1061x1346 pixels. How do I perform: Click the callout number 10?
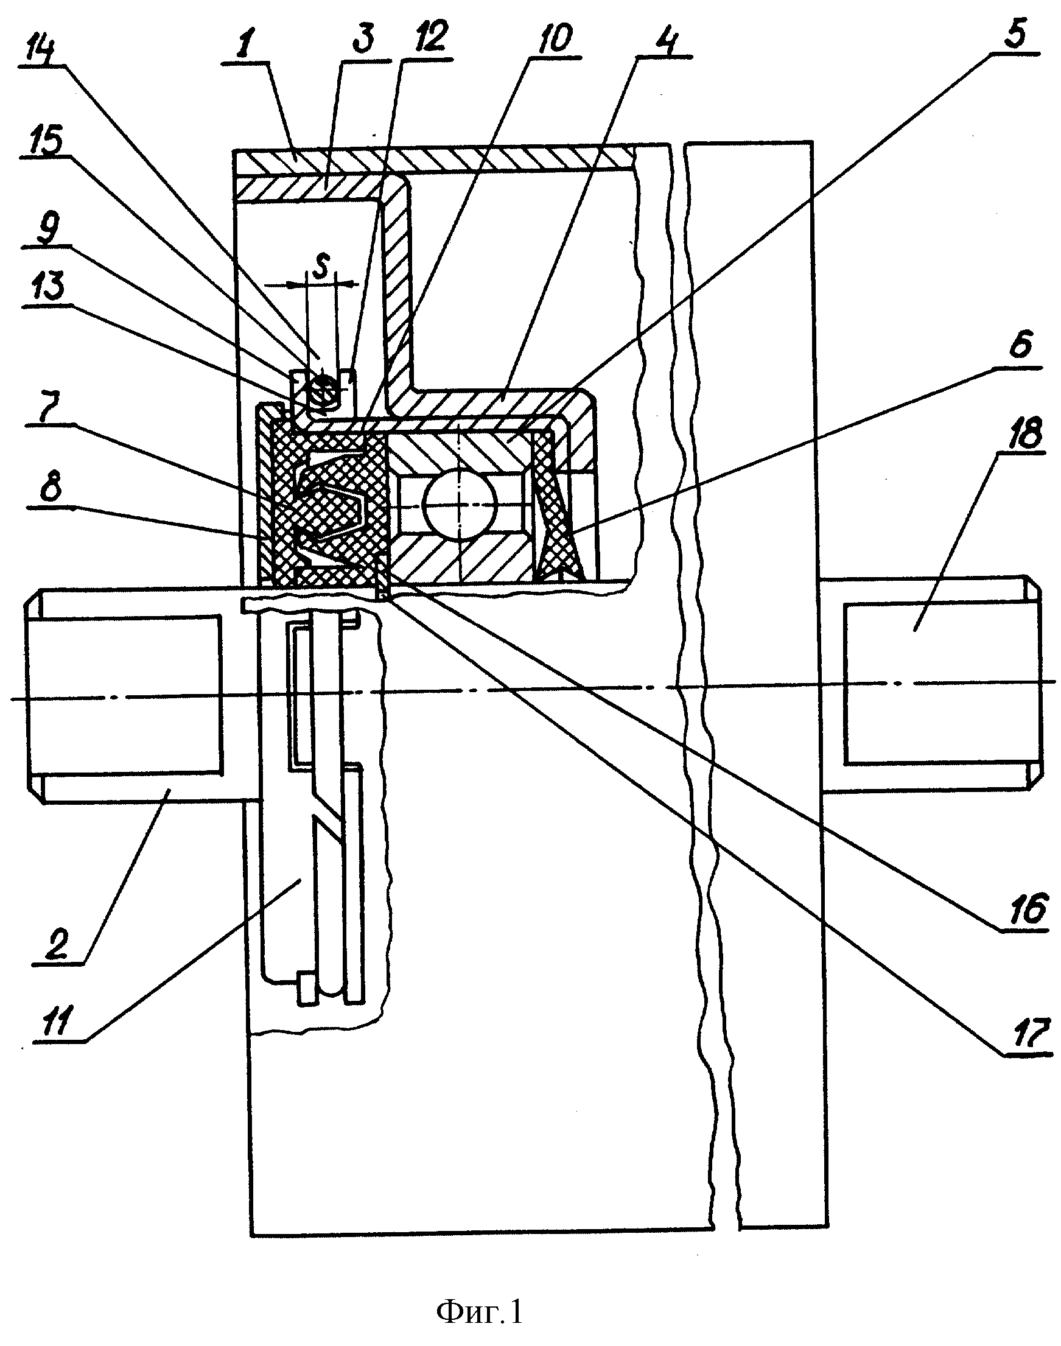549,39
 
